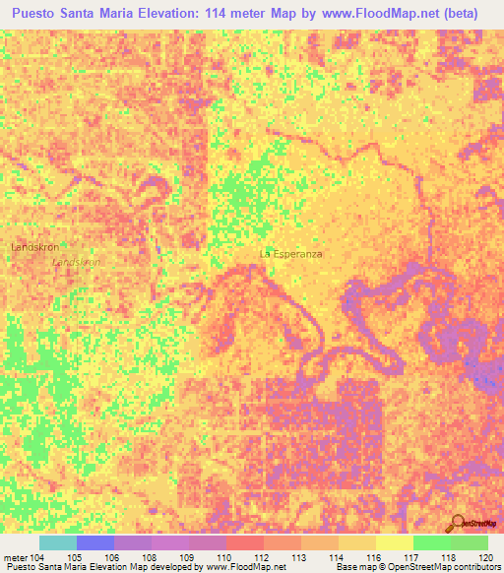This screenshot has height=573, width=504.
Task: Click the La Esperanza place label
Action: (290, 253)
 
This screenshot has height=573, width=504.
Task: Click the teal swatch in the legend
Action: (57, 542)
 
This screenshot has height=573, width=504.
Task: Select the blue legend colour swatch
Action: (94, 542)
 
